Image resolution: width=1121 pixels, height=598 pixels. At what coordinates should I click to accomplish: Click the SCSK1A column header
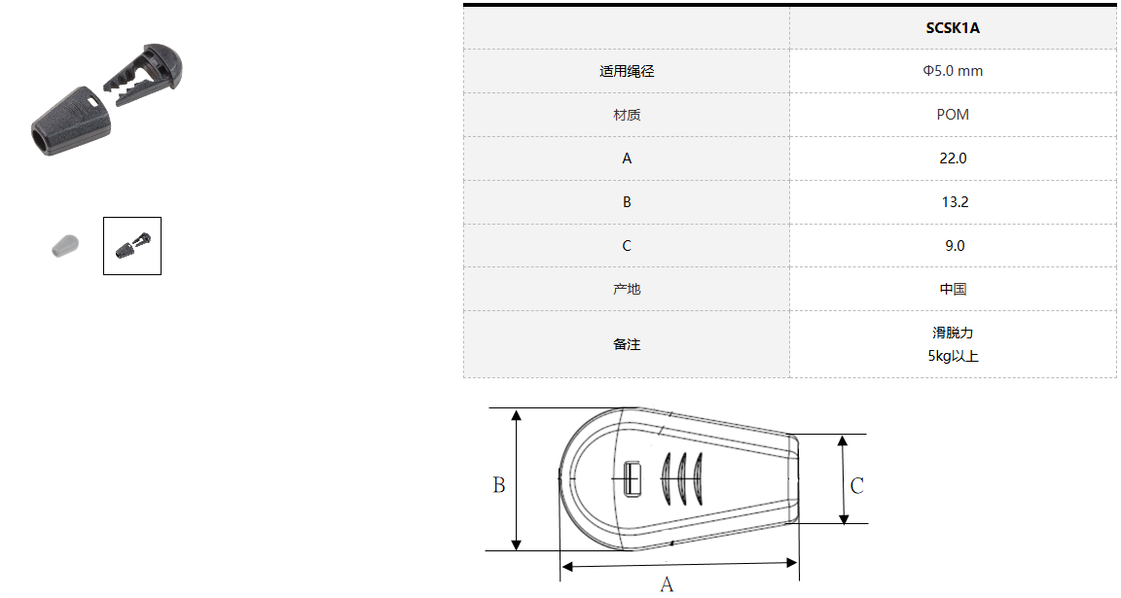pos(953,28)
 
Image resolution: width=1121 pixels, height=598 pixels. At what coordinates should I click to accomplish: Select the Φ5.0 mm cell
pos(953,71)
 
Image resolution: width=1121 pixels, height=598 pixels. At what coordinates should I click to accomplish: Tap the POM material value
pos(953,115)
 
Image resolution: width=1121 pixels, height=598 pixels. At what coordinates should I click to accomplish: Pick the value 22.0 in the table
pos(953,158)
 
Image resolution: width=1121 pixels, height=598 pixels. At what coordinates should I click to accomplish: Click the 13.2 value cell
pos(955,202)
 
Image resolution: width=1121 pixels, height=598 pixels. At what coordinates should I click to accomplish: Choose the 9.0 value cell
pos(955,246)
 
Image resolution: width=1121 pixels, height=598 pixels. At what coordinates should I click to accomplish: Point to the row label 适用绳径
pos(627,71)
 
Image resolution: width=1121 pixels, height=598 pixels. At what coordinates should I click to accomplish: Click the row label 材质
pos(627,115)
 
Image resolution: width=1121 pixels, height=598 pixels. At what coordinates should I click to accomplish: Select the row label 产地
pos(627,289)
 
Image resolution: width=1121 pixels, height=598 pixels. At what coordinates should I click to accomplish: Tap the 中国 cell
pos(953,289)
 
